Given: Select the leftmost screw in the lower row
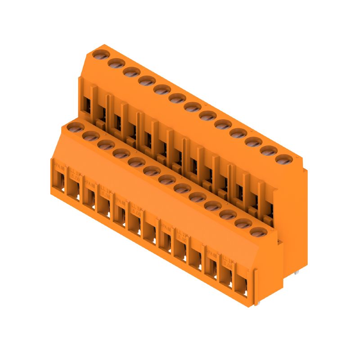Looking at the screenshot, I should coord(75,127).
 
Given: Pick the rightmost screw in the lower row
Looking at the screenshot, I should coord(257,232).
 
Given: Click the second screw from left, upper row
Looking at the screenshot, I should coord(116,63).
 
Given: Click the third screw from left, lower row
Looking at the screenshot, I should coord(106,144).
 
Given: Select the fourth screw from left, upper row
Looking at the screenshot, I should coord(146,81).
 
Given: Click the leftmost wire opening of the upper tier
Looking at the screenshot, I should coord(86,105).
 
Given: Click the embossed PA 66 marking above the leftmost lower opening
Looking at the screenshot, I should coord(58,165).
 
